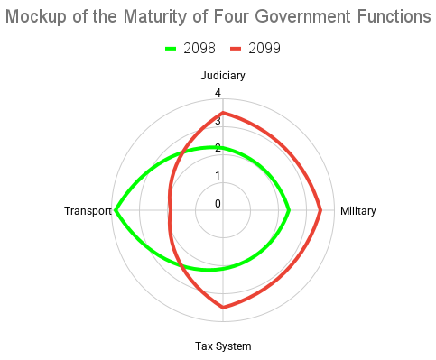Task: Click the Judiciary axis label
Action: pos(223,76)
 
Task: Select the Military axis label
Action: pos(357,211)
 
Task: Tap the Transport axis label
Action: pos(88,211)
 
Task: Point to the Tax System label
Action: pos(223,346)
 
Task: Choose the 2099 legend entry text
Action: pos(264,48)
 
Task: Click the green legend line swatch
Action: pos(172,48)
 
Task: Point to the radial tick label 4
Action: pos(218,93)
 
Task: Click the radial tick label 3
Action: pos(218,120)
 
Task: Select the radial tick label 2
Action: pos(218,148)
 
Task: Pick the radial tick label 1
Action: pos(218,175)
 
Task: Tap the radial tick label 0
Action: pos(218,203)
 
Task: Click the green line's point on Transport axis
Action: pos(115,211)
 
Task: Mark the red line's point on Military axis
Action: pos(320,211)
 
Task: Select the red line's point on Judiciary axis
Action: pos(223,113)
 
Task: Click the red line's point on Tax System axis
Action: pos(223,308)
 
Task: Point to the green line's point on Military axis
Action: pos(289,211)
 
